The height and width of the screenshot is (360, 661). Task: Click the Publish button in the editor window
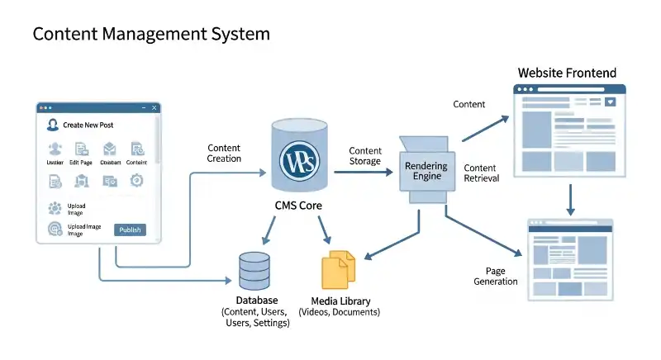pos(130,230)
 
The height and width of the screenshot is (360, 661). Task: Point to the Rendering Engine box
pos(426,172)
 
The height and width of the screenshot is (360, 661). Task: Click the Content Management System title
pos(151,35)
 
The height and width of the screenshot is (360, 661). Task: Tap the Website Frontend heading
pos(566,73)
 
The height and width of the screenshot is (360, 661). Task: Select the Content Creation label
pos(224,153)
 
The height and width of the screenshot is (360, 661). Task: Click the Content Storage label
pos(364,156)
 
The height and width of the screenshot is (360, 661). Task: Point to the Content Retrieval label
pos(482,173)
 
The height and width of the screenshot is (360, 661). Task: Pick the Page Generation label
pos(496,276)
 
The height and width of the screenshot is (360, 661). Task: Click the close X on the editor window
pos(154,108)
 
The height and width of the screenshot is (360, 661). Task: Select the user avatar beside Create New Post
pos(52,125)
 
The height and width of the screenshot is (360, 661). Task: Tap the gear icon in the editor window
pos(137,179)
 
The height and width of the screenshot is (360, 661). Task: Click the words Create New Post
pos(88,125)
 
